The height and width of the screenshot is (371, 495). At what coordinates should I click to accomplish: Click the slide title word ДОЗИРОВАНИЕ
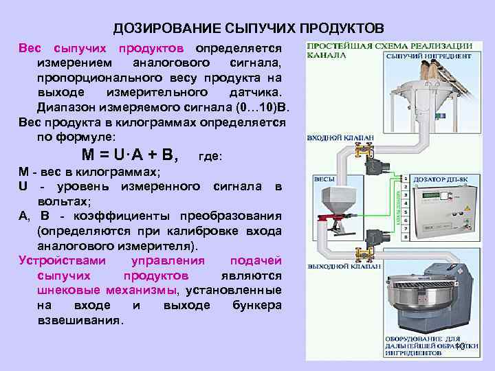click(x=157, y=28)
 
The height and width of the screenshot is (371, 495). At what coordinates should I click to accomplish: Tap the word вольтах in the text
click(x=60, y=201)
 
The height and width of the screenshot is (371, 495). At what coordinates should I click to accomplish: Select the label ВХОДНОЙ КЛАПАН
click(x=338, y=137)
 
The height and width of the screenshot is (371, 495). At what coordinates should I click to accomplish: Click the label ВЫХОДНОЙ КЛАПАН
click(x=340, y=265)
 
